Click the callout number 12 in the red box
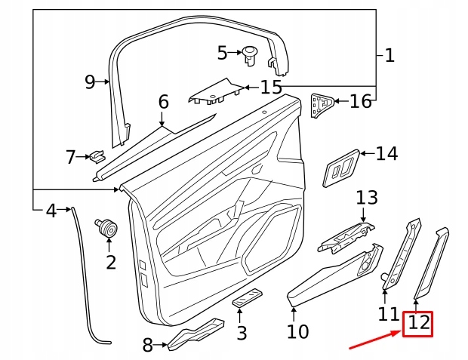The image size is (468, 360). click(419, 325)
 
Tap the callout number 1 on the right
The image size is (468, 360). click(389, 55)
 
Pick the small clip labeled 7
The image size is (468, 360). click(97, 157)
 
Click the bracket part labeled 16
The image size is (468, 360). click(323, 103)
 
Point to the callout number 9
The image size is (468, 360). click(90, 82)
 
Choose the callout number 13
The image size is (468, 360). click(367, 198)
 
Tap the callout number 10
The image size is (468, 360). click(298, 331)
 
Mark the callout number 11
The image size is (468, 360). click(388, 312)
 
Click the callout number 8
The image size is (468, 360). click(148, 346)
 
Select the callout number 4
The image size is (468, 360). click(51, 211)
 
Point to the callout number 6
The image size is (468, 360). click(163, 101)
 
